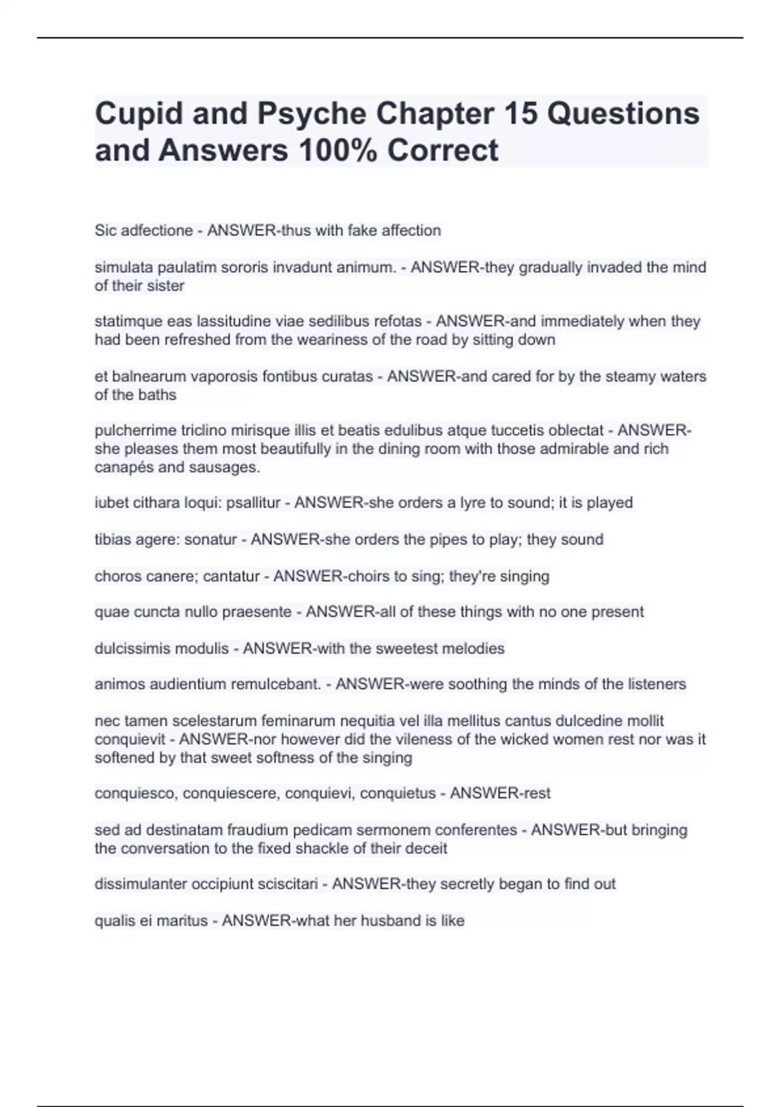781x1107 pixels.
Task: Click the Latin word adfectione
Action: click(x=156, y=231)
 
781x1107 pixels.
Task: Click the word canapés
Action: click(x=122, y=468)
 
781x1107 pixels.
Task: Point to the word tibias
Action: click(x=113, y=540)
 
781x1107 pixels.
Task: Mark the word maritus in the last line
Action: click(x=182, y=921)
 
